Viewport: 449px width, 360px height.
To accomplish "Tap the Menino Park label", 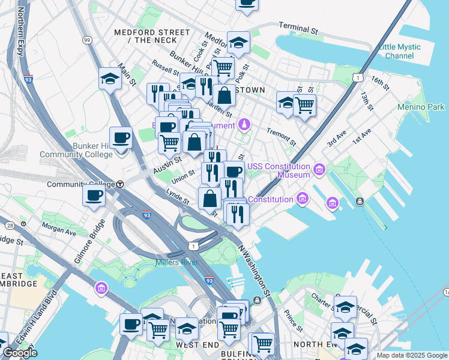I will point(421,107).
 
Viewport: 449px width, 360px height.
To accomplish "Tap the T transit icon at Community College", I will point(120,184).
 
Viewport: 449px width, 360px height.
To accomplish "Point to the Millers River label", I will point(177,262).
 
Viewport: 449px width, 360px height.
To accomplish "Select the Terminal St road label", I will point(298,28).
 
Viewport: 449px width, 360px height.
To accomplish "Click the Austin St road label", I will point(167,162).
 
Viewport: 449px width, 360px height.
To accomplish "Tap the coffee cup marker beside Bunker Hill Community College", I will point(121,137).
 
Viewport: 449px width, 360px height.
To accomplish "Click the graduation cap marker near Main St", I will point(110,78).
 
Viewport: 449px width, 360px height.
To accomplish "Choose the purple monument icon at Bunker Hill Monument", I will point(244,125).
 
